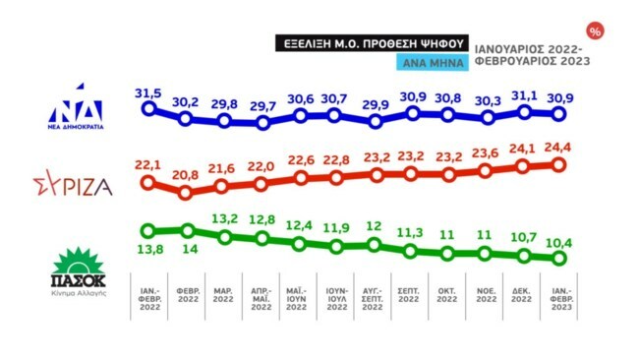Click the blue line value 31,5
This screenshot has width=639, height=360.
[x=147, y=93]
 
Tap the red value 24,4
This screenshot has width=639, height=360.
[x=559, y=148]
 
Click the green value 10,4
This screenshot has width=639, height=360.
[x=559, y=242]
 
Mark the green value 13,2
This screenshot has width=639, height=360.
[x=224, y=218]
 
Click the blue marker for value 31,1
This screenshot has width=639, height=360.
[x=522, y=112]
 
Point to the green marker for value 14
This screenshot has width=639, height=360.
[x=187, y=231]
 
